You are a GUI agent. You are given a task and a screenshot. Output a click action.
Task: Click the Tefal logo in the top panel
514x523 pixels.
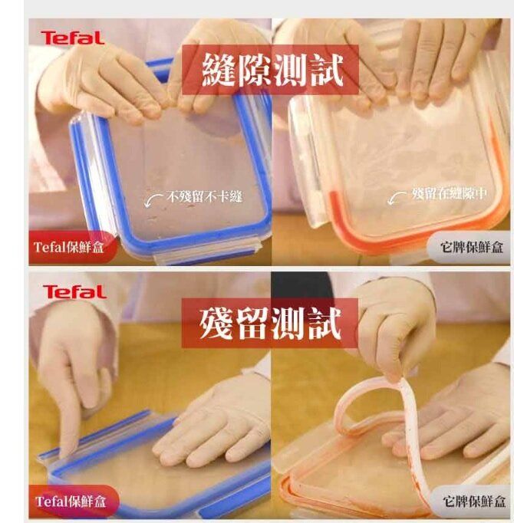click(x=73, y=38)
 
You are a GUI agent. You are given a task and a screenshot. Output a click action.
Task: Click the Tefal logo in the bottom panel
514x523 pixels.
click(x=74, y=292)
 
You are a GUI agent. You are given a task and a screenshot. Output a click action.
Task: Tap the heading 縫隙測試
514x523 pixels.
click(x=272, y=70)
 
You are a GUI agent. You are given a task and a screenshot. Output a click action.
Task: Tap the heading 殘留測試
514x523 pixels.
click(x=270, y=323)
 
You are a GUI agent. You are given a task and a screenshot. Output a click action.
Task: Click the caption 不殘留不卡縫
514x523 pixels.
click(x=204, y=197)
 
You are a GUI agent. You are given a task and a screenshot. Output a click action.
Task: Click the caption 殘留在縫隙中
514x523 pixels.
click(x=450, y=193)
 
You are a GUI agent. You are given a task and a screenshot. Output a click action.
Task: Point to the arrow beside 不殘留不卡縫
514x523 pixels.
click(x=153, y=199)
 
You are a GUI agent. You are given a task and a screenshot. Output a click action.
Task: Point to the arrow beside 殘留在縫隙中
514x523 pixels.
click(x=397, y=198)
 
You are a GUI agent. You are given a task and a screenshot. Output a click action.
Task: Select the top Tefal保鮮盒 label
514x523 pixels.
click(x=68, y=248)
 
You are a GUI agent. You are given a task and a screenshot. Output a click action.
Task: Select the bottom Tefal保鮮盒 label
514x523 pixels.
click(x=71, y=502)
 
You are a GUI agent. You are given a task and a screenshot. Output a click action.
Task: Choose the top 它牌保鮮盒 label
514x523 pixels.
click(x=471, y=247)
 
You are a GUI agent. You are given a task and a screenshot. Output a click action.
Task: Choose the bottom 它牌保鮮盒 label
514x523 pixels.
click(x=474, y=501)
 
